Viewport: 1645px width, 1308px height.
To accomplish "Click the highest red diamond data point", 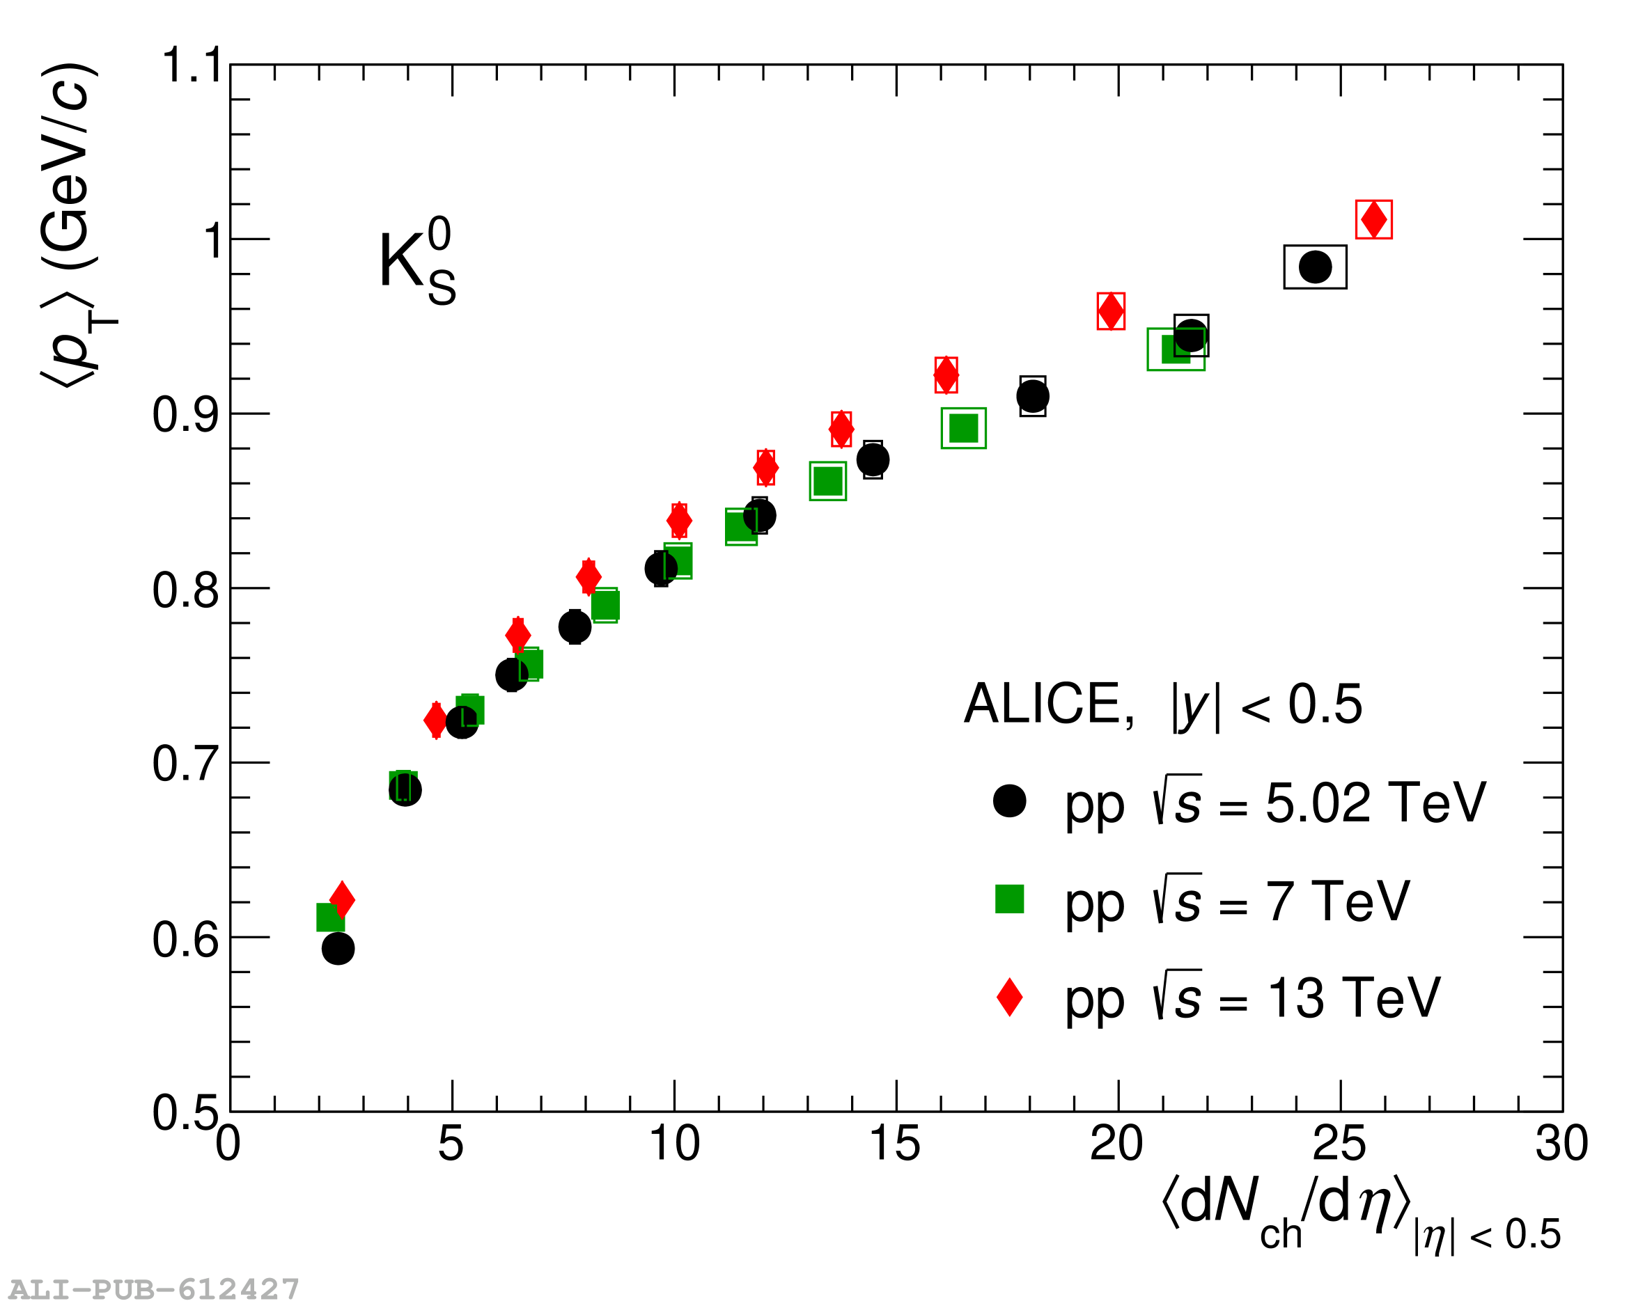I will coord(1373,220).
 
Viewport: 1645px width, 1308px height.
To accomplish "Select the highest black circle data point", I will coord(1316,267).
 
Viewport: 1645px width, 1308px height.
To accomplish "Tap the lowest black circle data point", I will coord(338,949).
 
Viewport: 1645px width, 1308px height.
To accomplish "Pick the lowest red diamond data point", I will coord(342,900).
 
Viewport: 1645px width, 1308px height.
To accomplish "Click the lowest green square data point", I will coord(329,917).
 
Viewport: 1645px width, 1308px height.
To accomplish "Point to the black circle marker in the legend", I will coord(1009,801).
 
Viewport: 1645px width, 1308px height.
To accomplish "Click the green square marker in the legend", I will coord(1009,899).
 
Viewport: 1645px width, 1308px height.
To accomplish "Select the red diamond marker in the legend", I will coord(1009,997).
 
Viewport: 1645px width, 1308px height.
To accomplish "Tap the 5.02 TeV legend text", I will coord(1275,803).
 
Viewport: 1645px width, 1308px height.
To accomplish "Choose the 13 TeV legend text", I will coord(1252,998).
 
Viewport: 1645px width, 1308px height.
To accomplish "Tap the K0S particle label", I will coord(416,262).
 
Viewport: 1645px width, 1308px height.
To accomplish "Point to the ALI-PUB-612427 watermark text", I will coord(153,1289).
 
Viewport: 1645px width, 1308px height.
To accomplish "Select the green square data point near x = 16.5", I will coord(964,429).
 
